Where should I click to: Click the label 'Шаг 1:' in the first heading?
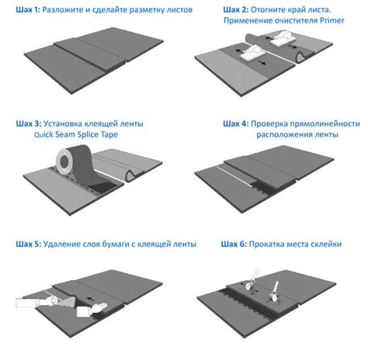[x=28, y=10]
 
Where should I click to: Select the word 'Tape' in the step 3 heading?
[x=109, y=134]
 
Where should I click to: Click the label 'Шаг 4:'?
[x=235, y=123]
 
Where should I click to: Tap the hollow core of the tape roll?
[x=64, y=161]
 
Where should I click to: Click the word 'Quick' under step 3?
[x=43, y=134]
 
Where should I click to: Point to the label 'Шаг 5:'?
[x=28, y=244]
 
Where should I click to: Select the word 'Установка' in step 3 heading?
[x=61, y=123]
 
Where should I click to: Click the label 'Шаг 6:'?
[x=234, y=244]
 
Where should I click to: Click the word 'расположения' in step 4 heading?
[x=279, y=134]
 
